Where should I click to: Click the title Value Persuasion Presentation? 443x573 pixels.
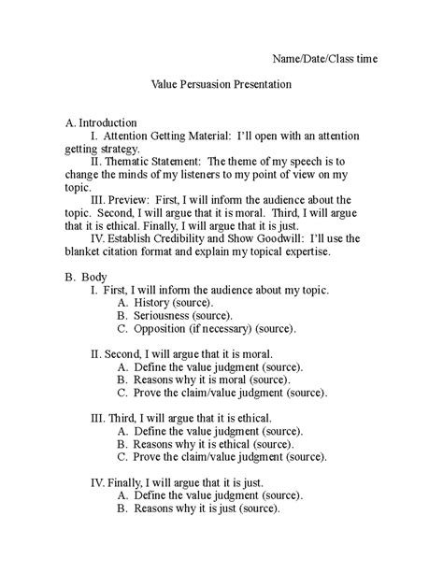(222, 84)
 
